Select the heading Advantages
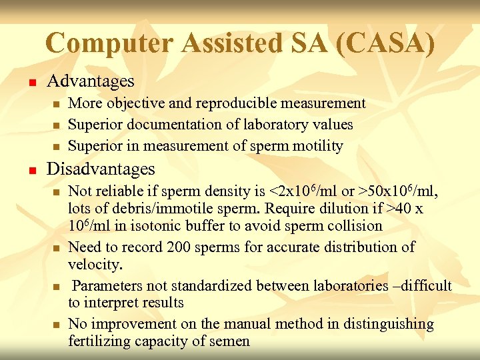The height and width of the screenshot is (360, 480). coord(90,81)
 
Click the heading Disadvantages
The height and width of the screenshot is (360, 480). coord(100,169)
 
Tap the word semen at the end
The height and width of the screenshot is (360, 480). coord(230,341)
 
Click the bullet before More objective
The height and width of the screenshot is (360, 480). coord(57,105)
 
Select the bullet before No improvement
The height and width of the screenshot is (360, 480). coord(57,325)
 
